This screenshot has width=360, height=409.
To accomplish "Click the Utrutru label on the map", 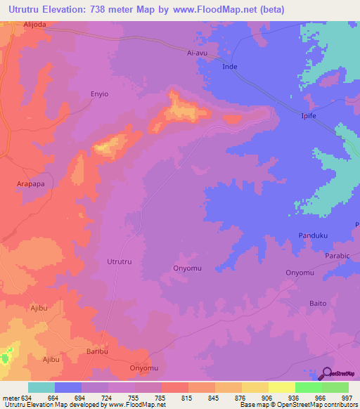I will (119, 261).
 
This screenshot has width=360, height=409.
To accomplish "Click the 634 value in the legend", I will (27, 398).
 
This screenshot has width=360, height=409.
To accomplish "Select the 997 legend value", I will (347, 398).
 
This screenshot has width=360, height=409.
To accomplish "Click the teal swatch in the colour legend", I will (41, 387).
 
